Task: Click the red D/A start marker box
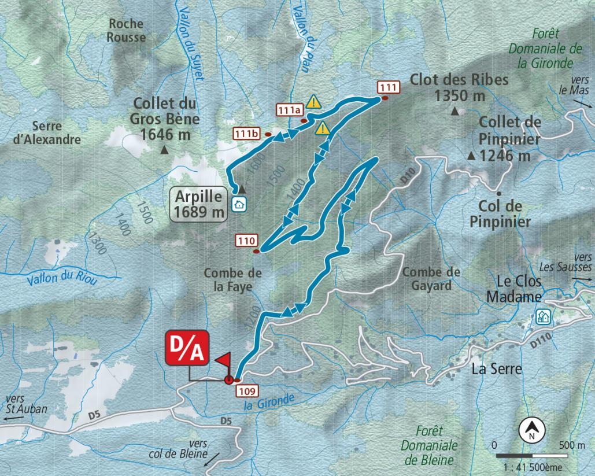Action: click(x=186, y=348)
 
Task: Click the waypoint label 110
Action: click(x=246, y=240)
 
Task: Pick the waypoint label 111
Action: click(x=387, y=87)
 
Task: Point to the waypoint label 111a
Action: click(x=290, y=109)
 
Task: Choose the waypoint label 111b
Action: click(x=246, y=134)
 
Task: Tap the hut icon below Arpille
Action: click(x=238, y=204)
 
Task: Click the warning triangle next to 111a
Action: click(x=313, y=102)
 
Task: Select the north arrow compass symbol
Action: click(x=530, y=429)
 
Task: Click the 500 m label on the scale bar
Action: click(x=572, y=445)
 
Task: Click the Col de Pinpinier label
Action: click(x=501, y=213)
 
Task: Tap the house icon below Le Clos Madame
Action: click(x=542, y=316)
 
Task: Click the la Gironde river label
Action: click(x=270, y=401)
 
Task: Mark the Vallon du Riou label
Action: click(x=61, y=278)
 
